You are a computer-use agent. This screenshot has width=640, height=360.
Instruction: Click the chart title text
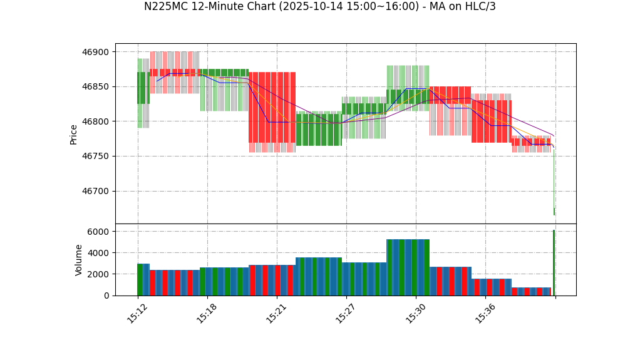319,7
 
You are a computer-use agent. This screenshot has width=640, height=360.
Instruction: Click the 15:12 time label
137,314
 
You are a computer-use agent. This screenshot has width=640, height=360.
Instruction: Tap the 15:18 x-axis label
207,314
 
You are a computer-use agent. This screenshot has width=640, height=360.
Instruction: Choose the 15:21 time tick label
276,314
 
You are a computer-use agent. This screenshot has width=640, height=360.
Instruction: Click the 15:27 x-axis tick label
346,314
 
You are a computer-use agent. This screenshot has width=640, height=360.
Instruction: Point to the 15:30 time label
415,314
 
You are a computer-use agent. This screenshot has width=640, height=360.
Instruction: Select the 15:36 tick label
485,314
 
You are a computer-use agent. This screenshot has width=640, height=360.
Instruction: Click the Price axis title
74,134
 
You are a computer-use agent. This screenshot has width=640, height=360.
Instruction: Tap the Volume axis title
79,260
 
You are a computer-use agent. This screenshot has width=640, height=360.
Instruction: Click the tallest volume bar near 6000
554,263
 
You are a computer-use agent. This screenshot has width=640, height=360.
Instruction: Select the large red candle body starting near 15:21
272,107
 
